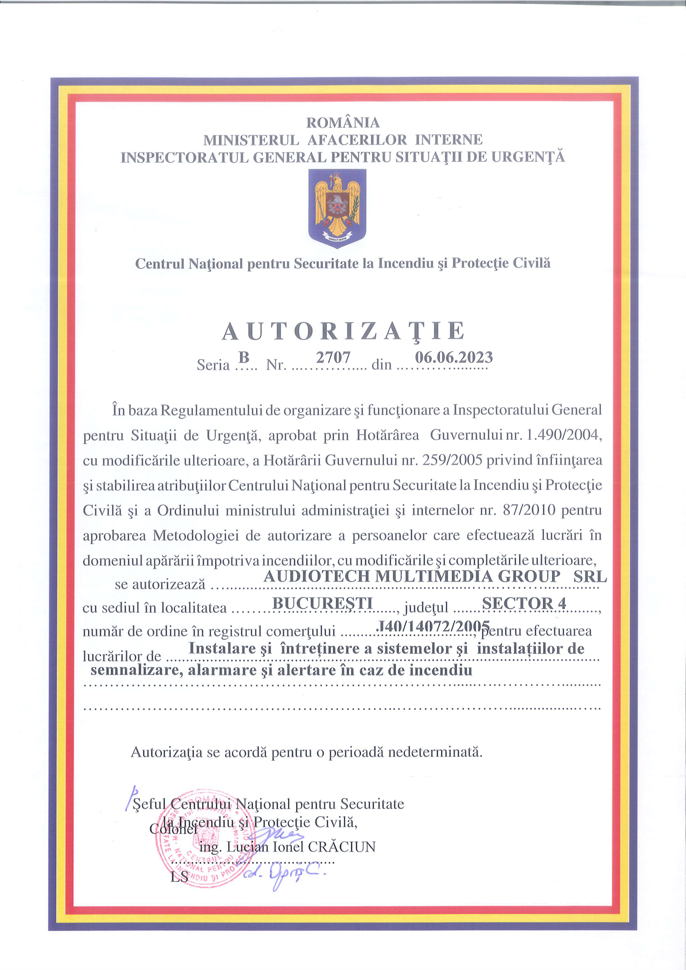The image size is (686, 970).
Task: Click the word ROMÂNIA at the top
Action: click(343, 123)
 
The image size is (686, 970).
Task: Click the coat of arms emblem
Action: click(337, 208)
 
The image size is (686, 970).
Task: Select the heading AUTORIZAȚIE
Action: click(343, 331)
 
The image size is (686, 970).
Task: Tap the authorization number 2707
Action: click(333, 358)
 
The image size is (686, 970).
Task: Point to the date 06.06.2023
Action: click(454, 357)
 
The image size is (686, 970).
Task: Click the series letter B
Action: click(244, 357)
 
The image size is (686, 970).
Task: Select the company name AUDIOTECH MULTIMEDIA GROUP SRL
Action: click(435, 576)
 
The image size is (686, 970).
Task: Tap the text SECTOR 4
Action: click(524, 603)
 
